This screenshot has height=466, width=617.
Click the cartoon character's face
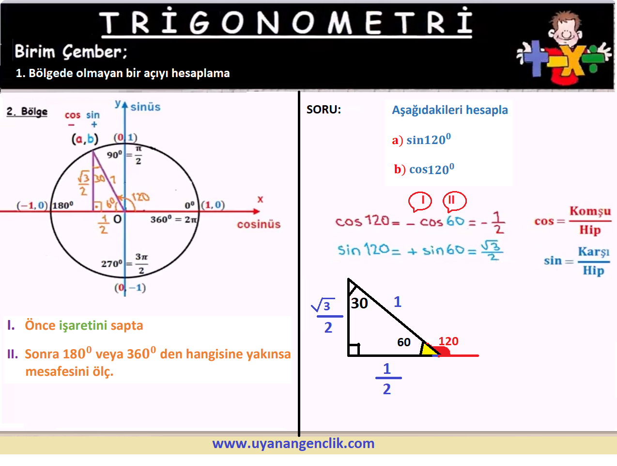566,32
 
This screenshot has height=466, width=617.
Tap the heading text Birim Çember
71,51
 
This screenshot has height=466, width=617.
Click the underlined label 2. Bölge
27,112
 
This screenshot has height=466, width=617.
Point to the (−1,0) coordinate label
32,206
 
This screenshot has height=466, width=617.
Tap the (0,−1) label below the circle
130,288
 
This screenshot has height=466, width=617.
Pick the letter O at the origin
118,219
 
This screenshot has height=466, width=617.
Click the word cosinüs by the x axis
259,225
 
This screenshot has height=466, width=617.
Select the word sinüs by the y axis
145,107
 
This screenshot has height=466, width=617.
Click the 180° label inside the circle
63,206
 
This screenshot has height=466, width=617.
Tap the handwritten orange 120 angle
140,197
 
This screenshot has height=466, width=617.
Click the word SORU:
324,110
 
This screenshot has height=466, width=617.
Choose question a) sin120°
421,139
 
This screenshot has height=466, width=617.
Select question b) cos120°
424,169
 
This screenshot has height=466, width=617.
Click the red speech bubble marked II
454,201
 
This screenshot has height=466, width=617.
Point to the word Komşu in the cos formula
590,211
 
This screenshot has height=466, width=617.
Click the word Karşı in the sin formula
594,252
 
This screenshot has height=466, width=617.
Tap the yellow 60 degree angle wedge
428,349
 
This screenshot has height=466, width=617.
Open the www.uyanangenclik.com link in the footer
293,443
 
